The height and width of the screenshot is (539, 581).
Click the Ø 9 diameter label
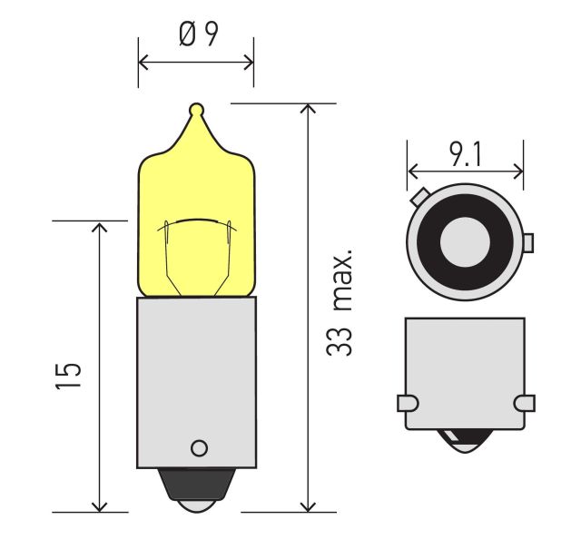[199, 34]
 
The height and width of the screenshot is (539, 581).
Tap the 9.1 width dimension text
[466, 154]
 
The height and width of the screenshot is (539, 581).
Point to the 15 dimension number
[68, 376]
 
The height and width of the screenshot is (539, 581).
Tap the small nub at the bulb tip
[196, 109]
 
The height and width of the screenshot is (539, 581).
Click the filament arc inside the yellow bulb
[197, 222]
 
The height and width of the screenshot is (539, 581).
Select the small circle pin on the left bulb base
[200, 448]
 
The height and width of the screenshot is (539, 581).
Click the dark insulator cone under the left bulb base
[197, 485]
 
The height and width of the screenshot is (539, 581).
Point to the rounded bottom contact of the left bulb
[197, 506]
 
